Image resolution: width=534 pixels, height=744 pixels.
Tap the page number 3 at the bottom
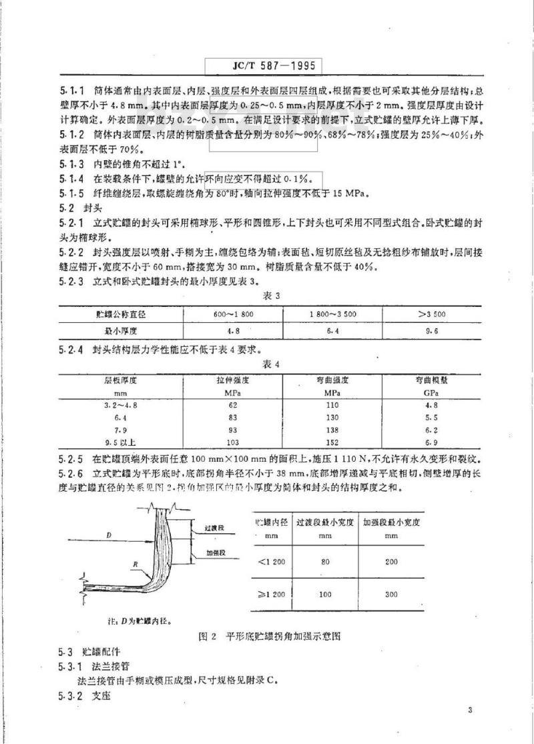(471, 711)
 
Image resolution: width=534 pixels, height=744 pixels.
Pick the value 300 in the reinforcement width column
(391, 593)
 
